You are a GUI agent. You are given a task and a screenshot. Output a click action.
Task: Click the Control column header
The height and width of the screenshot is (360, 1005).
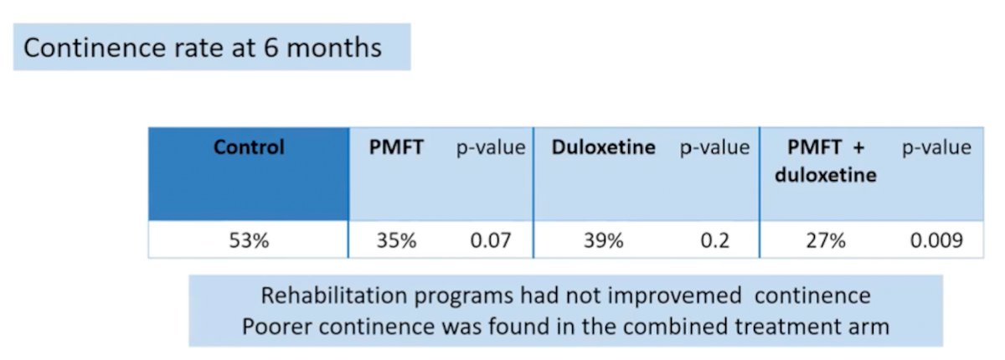click(x=249, y=147)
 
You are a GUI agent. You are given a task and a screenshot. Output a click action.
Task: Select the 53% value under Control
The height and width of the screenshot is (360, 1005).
click(x=249, y=241)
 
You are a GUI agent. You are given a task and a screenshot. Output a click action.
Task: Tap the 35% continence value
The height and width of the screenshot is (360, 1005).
click(x=396, y=241)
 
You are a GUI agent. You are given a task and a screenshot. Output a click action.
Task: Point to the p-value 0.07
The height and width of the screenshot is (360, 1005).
click(x=491, y=241)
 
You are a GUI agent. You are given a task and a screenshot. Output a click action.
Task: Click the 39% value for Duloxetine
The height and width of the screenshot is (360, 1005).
click(x=604, y=241)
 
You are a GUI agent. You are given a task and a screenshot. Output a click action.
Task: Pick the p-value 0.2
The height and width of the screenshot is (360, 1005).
click(x=714, y=241)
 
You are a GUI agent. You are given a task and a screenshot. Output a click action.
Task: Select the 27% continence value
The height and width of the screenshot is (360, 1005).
click(x=826, y=241)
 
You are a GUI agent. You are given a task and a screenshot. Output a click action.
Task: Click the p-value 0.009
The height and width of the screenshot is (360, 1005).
click(x=936, y=241)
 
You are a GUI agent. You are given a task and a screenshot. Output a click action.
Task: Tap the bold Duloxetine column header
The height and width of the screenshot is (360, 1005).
click(x=604, y=147)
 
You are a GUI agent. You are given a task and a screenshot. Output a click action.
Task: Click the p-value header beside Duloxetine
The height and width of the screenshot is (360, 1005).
click(x=714, y=148)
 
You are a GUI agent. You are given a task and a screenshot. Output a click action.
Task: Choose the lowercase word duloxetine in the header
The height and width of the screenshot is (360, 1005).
click(x=826, y=174)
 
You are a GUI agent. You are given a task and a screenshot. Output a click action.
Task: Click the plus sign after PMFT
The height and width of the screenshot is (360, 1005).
click(x=858, y=148)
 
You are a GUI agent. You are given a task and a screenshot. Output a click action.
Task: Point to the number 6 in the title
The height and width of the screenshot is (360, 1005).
click(x=271, y=48)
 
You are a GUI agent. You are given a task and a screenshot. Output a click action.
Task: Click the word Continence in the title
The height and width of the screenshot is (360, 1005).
click(x=95, y=48)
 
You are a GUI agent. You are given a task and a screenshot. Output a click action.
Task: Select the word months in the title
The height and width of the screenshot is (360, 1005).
click(x=334, y=48)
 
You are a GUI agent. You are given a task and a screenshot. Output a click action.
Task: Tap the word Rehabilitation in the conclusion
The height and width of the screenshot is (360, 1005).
click(x=335, y=296)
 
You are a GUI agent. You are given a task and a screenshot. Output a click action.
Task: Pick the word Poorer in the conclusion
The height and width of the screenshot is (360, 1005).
click(x=277, y=327)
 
